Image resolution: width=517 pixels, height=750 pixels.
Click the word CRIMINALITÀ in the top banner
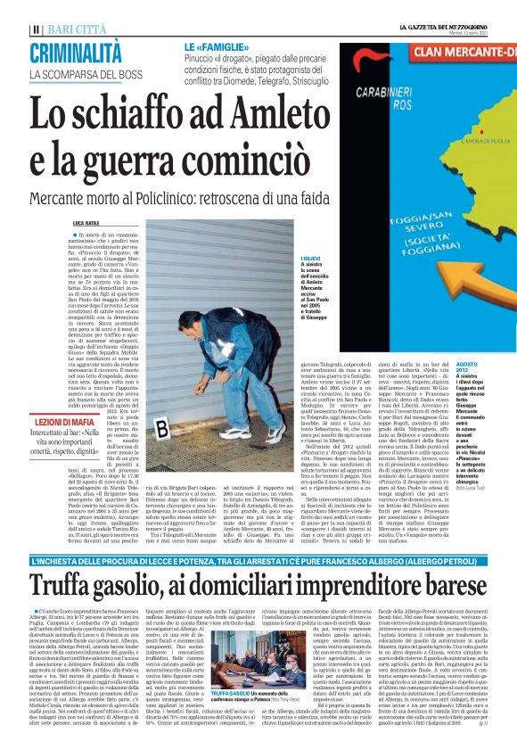pyautogui.click(x=75, y=52)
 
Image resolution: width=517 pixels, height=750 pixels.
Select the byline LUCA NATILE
pyautogui.click(x=86, y=223)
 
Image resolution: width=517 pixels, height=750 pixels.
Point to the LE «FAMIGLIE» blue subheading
pyautogui.click(x=213, y=45)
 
